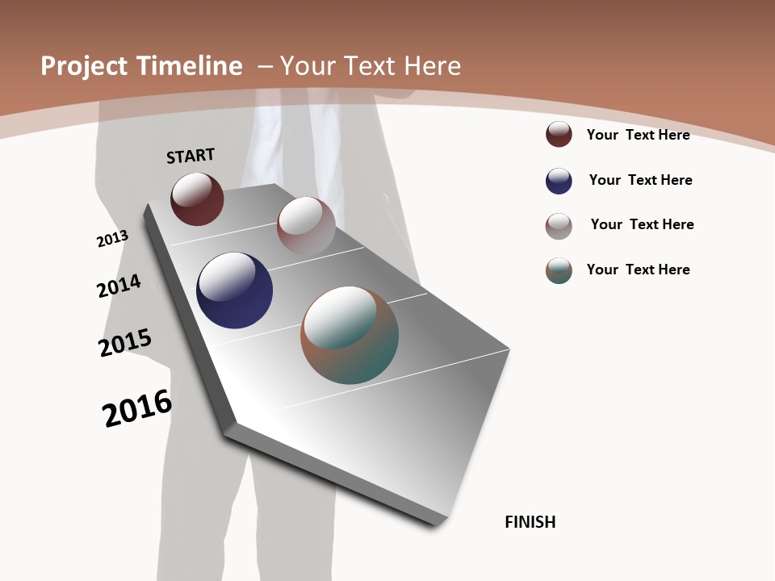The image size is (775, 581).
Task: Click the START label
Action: pyautogui.click(x=191, y=156)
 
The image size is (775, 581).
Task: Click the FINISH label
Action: pyautogui.click(x=530, y=522)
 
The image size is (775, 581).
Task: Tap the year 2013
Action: pyautogui.click(x=112, y=239)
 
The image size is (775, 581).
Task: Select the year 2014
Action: pyautogui.click(x=119, y=286)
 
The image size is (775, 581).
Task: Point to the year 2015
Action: pyautogui.click(x=124, y=343)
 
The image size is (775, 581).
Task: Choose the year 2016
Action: pyautogui.click(x=137, y=408)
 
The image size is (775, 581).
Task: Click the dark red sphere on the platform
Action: pyautogui.click(x=197, y=199)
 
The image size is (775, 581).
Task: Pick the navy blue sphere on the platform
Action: pyautogui.click(x=234, y=290)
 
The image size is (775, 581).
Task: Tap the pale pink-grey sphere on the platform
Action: pyautogui.click(x=306, y=226)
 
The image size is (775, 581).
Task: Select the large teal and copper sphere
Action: pyautogui.click(x=350, y=335)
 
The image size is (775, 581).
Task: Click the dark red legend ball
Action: pyautogui.click(x=559, y=134)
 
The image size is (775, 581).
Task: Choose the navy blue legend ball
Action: pyautogui.click(x=559, y=181)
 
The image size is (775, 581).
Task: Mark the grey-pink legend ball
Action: pyautogui.click(x=559, y=226)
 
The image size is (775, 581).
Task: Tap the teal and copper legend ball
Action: pyautogui.click(x=559, y=270)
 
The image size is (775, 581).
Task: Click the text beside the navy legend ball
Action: pyautogui.click(x=640, y=180)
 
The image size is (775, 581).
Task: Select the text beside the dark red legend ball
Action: pyautogui.click(x=638, y=135)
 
